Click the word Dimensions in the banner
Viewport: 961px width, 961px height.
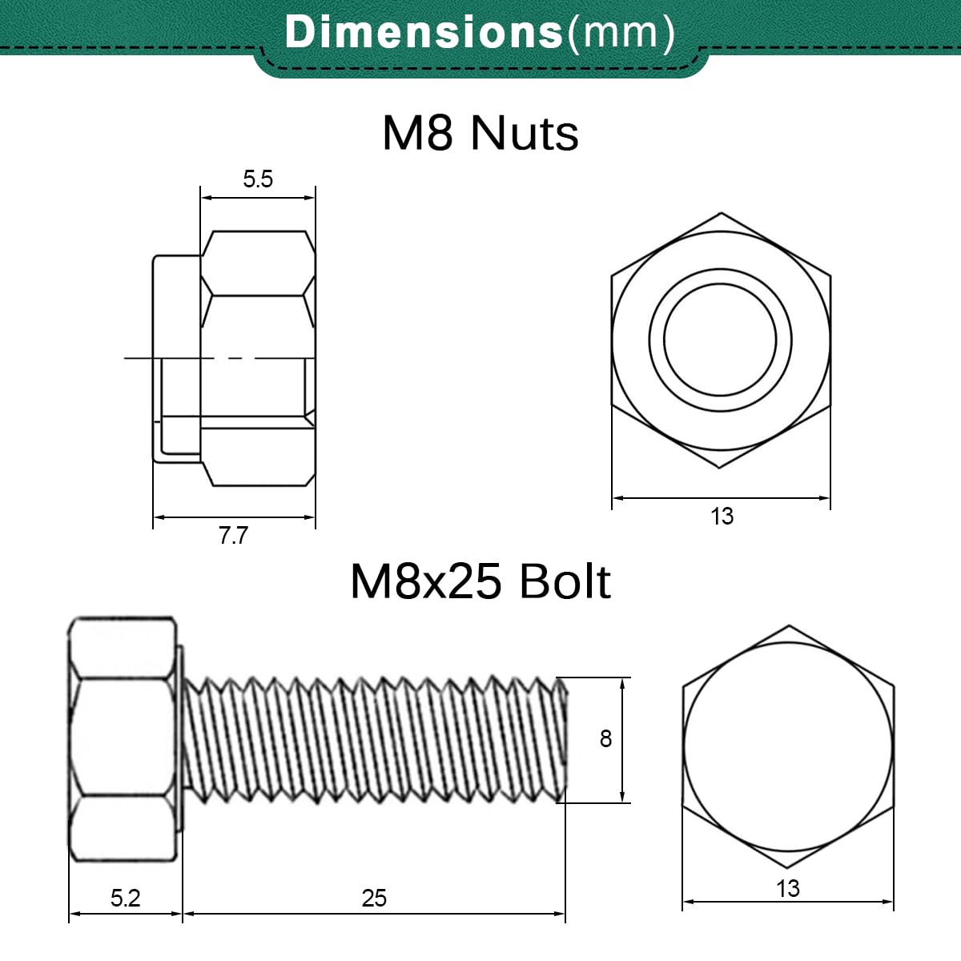[424, 32]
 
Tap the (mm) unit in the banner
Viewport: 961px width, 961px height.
[621, 34]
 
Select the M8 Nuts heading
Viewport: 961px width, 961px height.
[480, 133]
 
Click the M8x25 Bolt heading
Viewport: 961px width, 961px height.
[480, 582]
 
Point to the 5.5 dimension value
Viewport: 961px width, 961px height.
[258, 179]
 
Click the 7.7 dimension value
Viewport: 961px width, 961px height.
[233, 536]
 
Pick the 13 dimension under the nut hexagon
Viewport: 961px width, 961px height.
[722, 517]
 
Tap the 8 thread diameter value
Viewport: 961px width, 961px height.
[605, 739]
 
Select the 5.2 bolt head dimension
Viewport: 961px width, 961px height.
[125, 899]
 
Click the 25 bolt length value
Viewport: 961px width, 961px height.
[374, 899]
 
